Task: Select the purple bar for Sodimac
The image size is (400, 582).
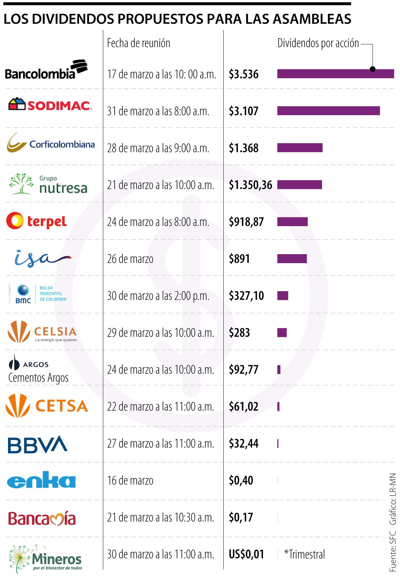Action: pos(328,111)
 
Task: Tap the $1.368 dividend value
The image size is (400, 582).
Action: pos(244,148)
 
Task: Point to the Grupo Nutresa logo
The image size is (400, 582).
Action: pos(49,184)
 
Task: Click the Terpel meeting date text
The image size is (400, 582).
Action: pos(158,222)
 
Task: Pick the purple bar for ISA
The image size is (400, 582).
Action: pos(292,259)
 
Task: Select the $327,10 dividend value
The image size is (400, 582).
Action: pos(246,296)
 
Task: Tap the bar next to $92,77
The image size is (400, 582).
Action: pos(279,370)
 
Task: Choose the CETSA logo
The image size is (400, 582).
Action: pos(47,406)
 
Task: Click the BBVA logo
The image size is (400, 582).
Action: pos(38,444)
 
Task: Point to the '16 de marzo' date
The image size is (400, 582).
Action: pos(130,481)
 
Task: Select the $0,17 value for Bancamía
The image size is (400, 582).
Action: pos(241,518)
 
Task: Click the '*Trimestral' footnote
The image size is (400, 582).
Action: pos(304,554)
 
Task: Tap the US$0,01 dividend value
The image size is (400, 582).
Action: pos(246,554)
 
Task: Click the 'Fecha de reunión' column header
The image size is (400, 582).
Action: pos(138,43)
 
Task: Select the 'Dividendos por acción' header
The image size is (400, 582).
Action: pos(318,43)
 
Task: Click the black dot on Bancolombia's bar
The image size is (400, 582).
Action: pos(373,69)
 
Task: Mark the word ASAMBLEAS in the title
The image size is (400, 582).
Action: pos(312,19)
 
